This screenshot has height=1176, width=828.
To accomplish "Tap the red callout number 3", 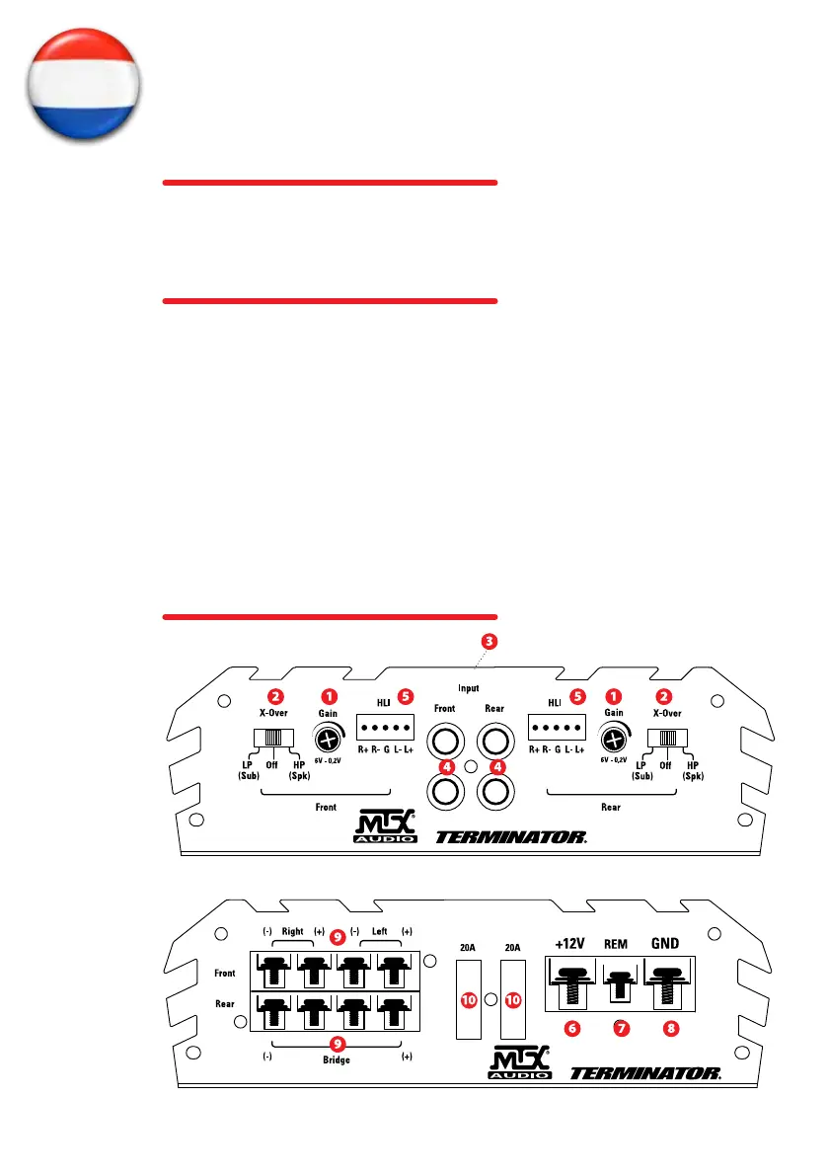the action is pyautogui.click(x=489, y=640).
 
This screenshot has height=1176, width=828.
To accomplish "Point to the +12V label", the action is pyautogui.click(x=570, y=943).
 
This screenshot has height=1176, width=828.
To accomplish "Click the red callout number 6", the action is pyautogui.click(x=571, y=1027).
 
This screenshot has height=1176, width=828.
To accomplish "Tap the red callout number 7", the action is pyautogui.click(x=621, y=1027).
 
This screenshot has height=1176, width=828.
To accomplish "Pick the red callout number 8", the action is pyautogui.click(x=671, y=1027).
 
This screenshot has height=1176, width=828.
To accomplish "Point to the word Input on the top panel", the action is pyautogui.click(x=469, y=686).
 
